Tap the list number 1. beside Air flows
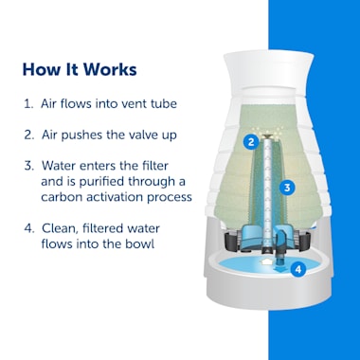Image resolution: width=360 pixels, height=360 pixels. click(28, 104)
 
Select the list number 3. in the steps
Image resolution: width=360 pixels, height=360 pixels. click(29, 166)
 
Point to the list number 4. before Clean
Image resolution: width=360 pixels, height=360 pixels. click(29, 228)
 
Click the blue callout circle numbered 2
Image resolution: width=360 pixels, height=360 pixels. click(251, 142)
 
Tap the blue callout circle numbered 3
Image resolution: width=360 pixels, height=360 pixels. click(287, 188)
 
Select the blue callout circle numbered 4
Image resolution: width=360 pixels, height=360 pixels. click(298, 269)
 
